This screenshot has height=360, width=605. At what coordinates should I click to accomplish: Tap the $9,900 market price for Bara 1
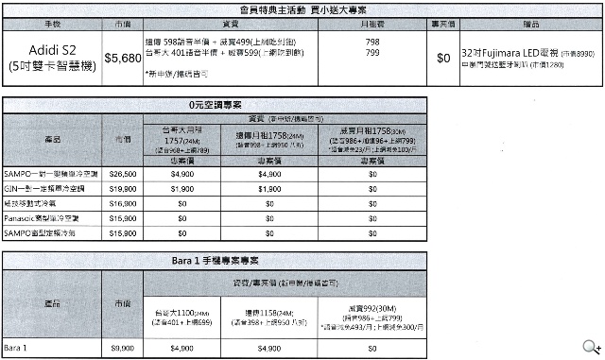coord(123,347)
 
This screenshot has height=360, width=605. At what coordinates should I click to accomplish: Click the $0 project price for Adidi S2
coord(442,58)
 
